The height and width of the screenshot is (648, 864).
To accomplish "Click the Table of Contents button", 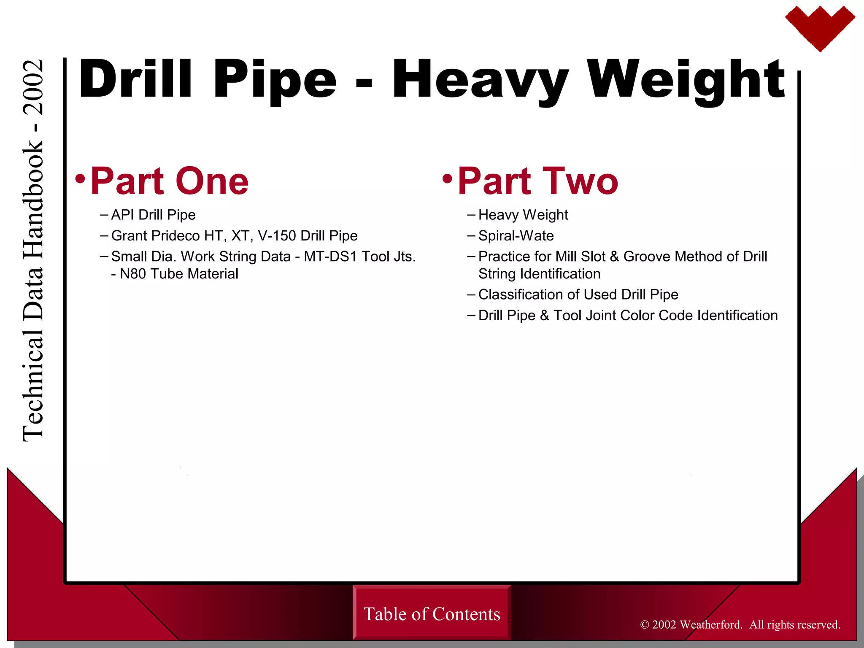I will tap(432, 614).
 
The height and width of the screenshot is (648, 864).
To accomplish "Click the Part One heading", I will tap(169, 181).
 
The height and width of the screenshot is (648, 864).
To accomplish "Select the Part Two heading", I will tap(537, 181).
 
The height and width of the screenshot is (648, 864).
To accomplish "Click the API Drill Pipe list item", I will tap(153, 215).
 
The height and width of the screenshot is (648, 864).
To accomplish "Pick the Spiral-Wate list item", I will tap(516, 235).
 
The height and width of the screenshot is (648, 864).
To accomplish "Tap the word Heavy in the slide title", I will tap(481, 80).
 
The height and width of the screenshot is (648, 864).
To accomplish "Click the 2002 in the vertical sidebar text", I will tap(33, 88).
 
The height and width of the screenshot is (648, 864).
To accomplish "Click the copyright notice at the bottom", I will tap(740, 624).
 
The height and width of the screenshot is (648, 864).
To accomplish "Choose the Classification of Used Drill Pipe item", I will tap(578, 294).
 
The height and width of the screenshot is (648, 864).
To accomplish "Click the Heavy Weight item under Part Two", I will tap(523, 215).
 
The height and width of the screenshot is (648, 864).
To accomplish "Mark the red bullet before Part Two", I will tap(447, 179).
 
